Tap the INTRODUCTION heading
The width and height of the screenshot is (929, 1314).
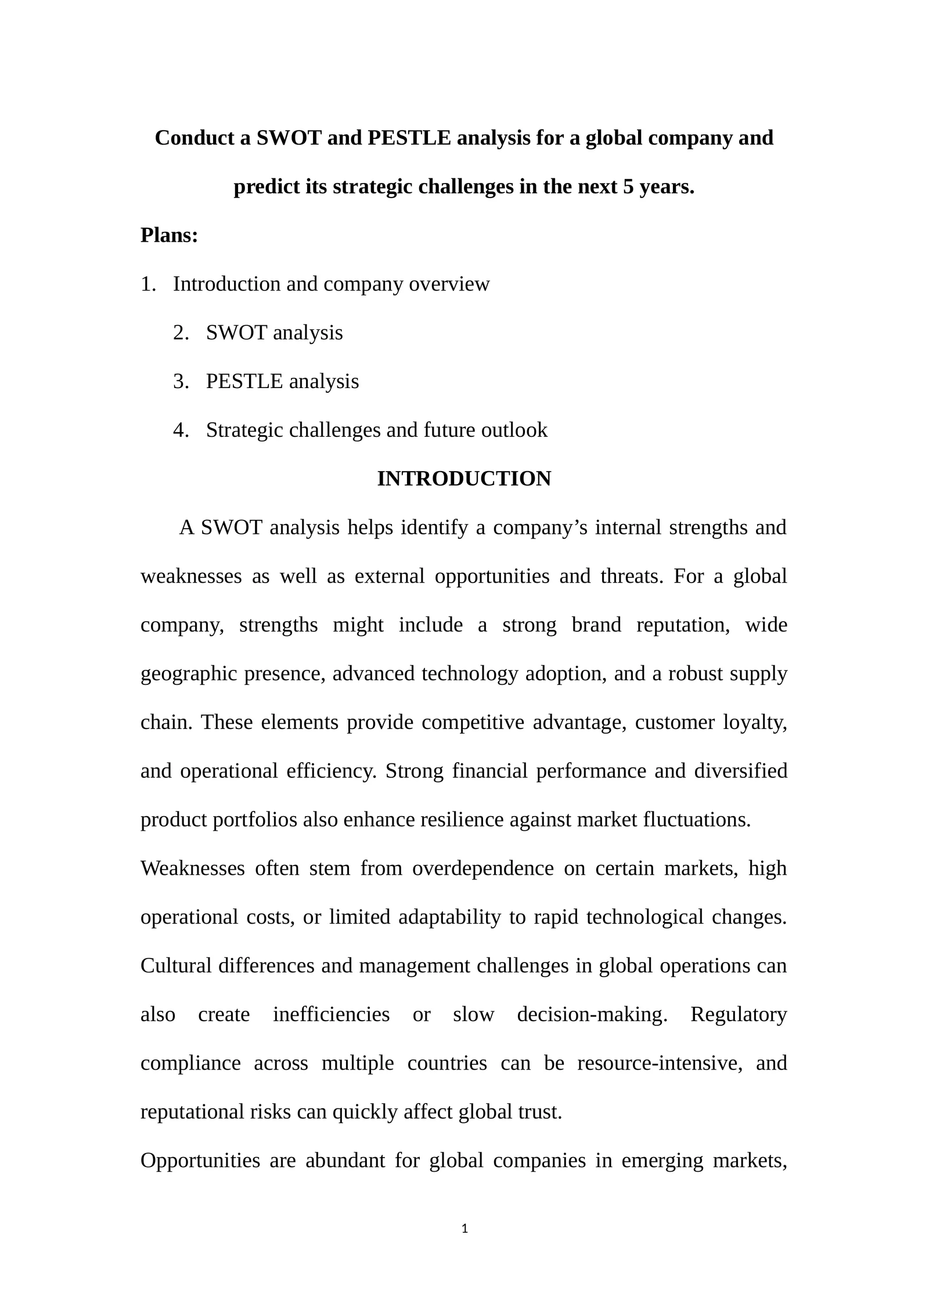pyautogui.click(x=464, y=479)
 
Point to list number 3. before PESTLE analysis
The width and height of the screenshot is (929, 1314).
pyautogui.click(x=181, y=382)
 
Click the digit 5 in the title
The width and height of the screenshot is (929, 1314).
pyautogui.click(x=628, y=187)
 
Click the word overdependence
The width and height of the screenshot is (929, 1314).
pyautogui.click(x=483, y=868)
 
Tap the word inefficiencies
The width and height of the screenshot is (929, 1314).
pyautogui.click(x=332, y=1014)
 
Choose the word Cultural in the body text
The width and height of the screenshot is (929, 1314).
pyautogui.click(x=176, y=965)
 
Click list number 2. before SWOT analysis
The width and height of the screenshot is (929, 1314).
pyautogui.click(x=181, y=333)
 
